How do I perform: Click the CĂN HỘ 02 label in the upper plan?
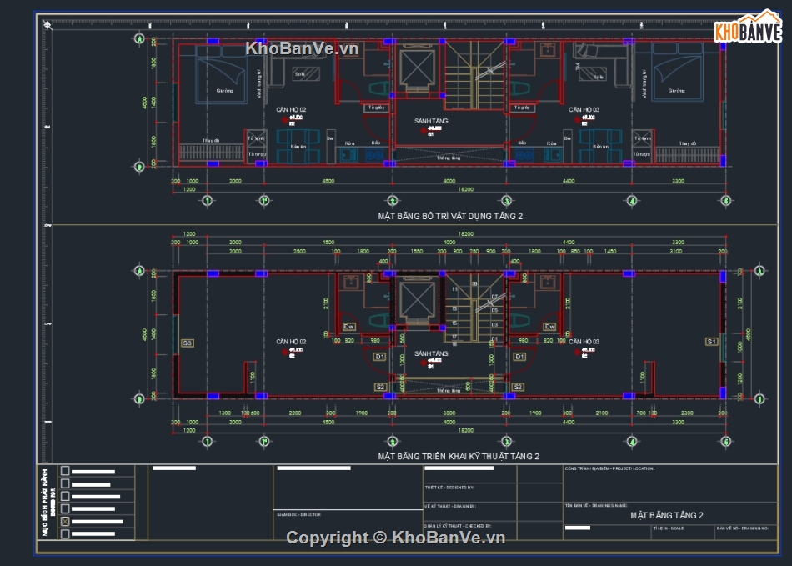click(x=292, y=110)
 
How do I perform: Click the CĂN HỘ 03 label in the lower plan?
click(x=584, y=342)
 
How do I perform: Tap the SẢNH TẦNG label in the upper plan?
click(x=431, y=121)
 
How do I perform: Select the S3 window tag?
click(x=188, y=343)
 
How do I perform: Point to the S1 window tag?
click(x=711, y=342)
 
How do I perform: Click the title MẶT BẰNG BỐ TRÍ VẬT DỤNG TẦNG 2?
click(x=450, y=216)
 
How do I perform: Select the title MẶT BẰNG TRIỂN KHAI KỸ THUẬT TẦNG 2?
click(x=458, y=456)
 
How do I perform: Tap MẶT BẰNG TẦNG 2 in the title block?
click(x=666, y=515)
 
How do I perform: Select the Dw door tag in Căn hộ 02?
click(x=350, y=326)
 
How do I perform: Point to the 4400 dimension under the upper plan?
click(x=569, y=181)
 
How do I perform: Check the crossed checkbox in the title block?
click(x=65, y=523)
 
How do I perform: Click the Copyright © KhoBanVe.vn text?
click(x=396, y=538)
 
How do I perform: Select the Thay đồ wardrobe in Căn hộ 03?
click(x=687, y=152)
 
